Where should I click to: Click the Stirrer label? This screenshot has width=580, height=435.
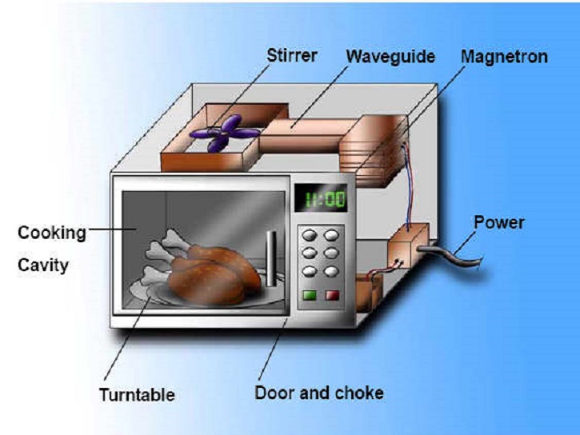tap(291, 55)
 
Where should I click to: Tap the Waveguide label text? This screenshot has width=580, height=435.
tap(390, 57)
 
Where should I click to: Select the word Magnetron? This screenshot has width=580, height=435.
tap(504, 57)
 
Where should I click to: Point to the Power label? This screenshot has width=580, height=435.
tap(499, 222)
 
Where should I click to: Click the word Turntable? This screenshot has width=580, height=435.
tap(137, 394)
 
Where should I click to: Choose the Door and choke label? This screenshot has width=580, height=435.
tap(319, 393)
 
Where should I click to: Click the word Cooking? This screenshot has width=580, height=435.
tap(52, 233)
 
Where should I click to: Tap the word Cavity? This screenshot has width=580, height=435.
tap(43, 265)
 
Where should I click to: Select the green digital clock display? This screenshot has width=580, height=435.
tap(321, 198)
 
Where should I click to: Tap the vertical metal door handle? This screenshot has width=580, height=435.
tap(271, 258)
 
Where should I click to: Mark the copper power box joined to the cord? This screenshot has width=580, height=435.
tap(408, 245)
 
